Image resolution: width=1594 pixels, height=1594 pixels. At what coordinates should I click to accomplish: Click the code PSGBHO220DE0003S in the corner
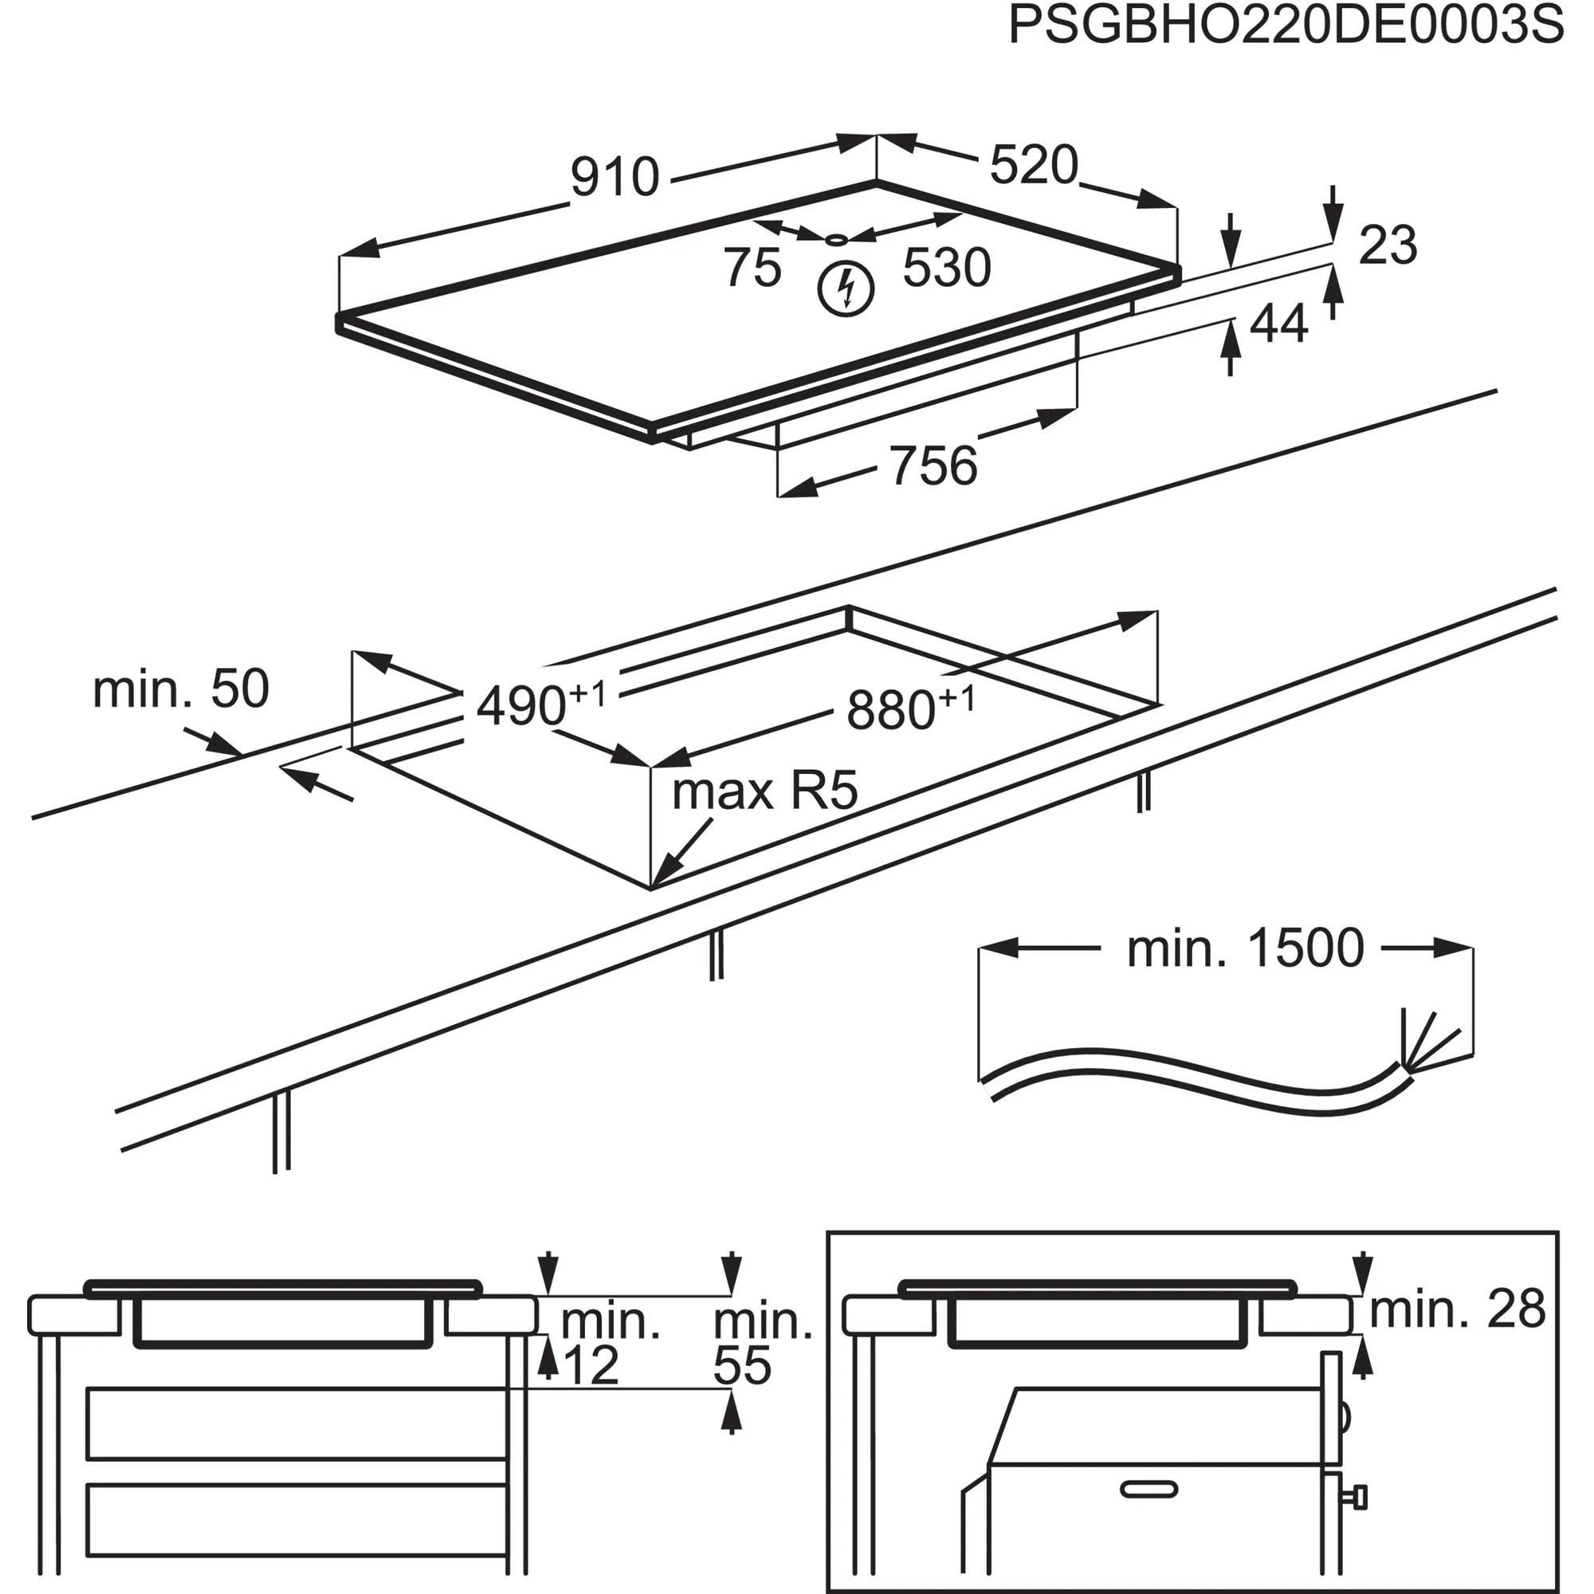[1286, 26]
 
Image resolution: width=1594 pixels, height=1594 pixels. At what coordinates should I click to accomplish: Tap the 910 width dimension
[614, 177]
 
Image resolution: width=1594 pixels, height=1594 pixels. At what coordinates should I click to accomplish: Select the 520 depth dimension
[1034, 165]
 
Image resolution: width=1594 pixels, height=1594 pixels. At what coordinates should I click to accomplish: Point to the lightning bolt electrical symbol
[846, 289]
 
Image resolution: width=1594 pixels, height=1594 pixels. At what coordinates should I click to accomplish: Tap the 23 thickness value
[1388, 245]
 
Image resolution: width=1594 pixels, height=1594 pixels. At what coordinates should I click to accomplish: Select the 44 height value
[1279, 324]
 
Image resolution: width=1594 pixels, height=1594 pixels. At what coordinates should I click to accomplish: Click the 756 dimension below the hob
[933, 466]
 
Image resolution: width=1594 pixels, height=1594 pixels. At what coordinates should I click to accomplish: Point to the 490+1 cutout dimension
[540, 703]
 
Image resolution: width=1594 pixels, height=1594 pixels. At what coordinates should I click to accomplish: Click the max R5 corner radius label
[765, 791]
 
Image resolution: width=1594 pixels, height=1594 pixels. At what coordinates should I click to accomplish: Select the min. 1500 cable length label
[1245, 948]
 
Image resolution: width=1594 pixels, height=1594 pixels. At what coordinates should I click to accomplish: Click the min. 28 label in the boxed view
[1457, 1309]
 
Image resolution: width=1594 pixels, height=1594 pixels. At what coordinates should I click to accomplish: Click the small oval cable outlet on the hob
[837, 240]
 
